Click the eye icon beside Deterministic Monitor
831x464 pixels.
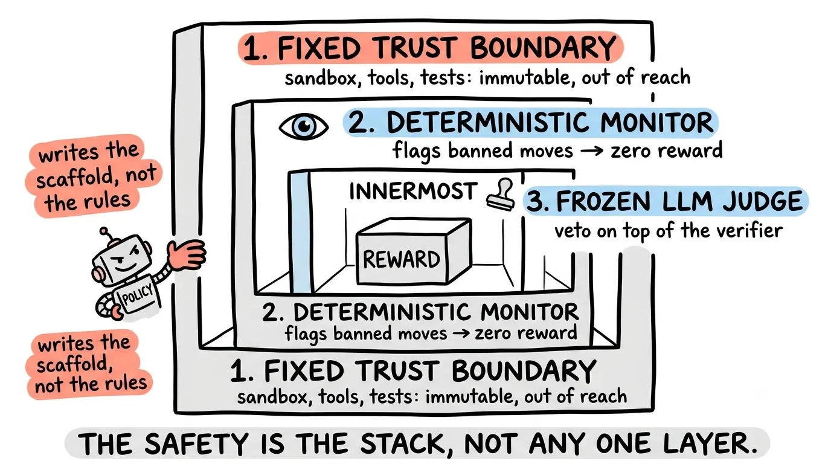coord(303,126)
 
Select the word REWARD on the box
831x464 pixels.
coord(402,259)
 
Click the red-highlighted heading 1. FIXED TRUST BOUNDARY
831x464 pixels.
coord(431,48)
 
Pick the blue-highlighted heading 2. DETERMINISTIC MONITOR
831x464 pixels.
coord(530,123)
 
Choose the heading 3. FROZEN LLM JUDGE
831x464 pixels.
coord(666,201)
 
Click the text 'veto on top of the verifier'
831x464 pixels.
coord(669,231)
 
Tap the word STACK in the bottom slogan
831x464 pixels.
coord(407,443)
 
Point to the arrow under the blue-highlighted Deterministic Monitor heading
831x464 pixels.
coord(592,152)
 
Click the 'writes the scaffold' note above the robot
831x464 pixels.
coord(94,176)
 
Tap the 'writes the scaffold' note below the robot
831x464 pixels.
coord(89,364)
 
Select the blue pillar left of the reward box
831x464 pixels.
coord(301,231)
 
